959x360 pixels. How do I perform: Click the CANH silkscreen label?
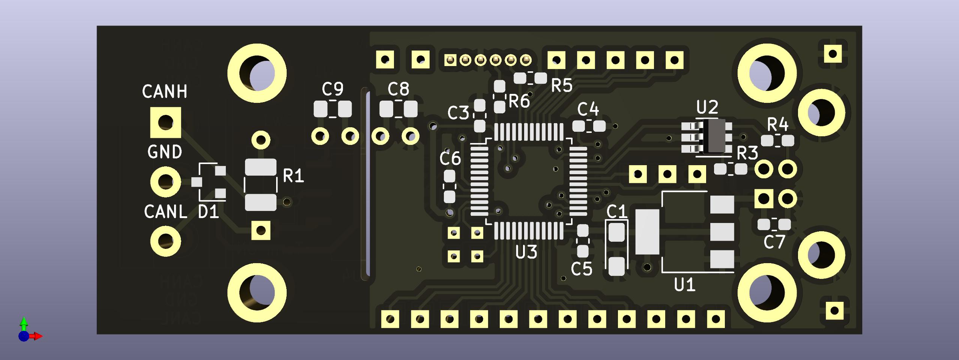164,92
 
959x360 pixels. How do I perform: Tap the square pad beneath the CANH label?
165,122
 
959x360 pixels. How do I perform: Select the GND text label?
165,152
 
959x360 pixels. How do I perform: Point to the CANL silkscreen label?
165,212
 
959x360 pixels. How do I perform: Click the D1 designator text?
208,212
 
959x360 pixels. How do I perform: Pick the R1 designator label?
293,176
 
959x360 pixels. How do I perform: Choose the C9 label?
332,89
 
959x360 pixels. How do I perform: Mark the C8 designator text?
398,89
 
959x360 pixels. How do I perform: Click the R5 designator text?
562,86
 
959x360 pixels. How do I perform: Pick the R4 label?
778,124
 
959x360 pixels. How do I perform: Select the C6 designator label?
450,159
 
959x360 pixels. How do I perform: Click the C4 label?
588,110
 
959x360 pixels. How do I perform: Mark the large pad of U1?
647,232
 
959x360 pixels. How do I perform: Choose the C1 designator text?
616,212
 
